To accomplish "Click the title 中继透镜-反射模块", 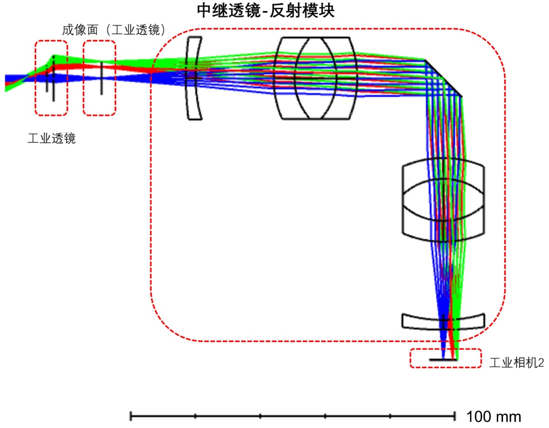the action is coord(266,11).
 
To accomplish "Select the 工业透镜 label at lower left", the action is coord(52,139).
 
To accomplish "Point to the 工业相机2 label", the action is coord(516,363).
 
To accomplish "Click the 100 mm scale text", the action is coord(493,416).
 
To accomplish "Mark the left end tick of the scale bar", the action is coord(132,415).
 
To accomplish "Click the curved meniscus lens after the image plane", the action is coord(195,78).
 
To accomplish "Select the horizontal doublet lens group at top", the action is coord(317,78).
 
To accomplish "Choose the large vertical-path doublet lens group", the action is coord(443,200).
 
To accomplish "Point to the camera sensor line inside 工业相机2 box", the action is coord(443,360).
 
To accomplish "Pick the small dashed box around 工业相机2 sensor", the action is coord(445,358).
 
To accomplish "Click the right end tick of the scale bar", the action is coord(454,415).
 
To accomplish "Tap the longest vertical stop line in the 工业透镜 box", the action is coord(53,78).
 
